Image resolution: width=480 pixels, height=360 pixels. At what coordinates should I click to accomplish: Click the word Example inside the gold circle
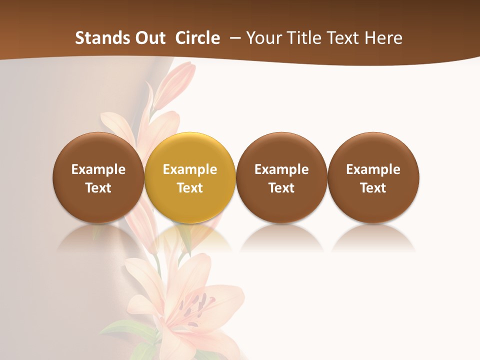click(190, 169)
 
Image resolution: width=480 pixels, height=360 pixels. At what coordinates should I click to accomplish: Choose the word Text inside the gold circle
click(190, 188)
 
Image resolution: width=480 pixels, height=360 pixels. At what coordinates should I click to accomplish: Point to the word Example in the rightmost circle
click(373, 169)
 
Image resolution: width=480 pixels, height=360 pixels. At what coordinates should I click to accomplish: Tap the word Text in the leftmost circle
click(98, 188)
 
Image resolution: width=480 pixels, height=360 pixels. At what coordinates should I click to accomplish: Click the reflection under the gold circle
click(190, 239)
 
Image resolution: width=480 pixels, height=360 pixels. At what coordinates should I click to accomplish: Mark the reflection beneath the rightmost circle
click(373, 239)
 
